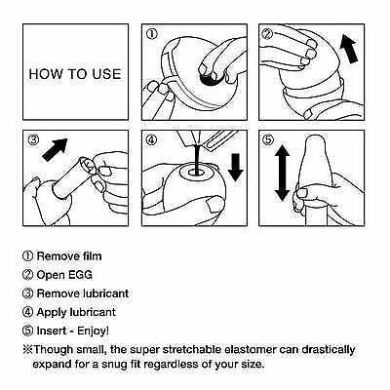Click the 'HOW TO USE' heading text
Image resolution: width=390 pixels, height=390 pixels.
pos(75,74)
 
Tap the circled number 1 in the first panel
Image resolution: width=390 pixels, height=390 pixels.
pos(151,34)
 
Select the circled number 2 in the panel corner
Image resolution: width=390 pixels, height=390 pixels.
pos(268,34)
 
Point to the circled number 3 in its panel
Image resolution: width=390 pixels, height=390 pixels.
pos(33,140)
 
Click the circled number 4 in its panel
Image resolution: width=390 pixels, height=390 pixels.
pos(151,140)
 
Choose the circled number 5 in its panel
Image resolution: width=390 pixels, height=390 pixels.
pos(268,140)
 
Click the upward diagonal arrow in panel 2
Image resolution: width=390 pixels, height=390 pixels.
pos(349,49)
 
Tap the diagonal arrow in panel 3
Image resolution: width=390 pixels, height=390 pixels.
pos(55,149)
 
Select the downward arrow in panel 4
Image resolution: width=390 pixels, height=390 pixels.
pos(236,168)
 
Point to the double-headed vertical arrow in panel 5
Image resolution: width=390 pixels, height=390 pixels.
pos(282,173)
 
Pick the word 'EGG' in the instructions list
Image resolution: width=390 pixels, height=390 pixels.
pos(80,275)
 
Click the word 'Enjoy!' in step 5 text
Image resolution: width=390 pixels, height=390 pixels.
pos(93,331)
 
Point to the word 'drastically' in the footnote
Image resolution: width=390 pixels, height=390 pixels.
pos(329,350)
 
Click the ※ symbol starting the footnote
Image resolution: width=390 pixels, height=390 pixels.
pos(27,350)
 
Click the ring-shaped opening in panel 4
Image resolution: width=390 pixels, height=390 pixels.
pos(194,171)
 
